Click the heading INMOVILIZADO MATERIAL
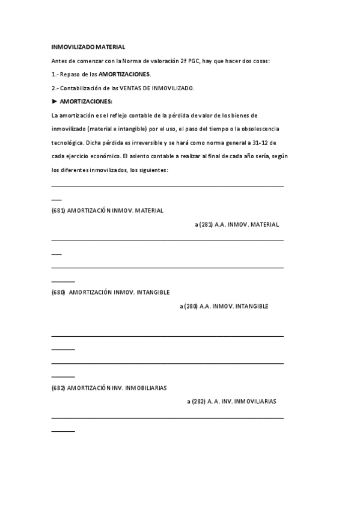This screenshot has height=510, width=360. (88, 46)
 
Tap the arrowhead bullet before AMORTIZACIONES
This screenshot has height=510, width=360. (55, 102)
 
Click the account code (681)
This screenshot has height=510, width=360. (58, 210)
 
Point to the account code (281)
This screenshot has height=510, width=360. (206, 224)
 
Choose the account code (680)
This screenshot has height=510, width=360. (58, 292)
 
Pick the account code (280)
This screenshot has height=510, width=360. (191, 306)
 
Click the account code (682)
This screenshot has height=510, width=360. (58, 388)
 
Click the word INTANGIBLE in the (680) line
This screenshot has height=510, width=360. (153, 292)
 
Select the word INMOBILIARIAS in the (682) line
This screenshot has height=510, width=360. (145, 388)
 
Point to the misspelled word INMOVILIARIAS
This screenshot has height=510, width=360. (255, 401)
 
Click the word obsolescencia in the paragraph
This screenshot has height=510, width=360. (260, 129)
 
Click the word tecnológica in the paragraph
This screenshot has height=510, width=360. (69, 143)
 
